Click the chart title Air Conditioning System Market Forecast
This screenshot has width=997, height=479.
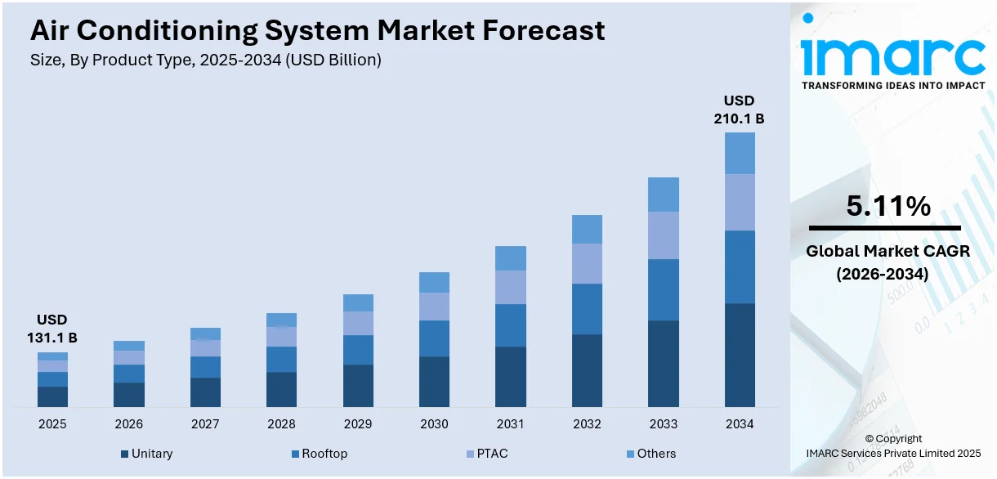[318, 30]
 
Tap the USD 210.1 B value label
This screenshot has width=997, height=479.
[739, 110]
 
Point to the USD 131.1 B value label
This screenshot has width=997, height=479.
[52, 329]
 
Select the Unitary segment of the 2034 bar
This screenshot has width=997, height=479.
[739, 355]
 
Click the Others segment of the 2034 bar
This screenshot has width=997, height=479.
[739, 153]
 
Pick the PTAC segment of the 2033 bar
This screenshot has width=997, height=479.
[663, 235]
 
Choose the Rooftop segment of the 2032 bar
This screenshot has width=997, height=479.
[587, 309]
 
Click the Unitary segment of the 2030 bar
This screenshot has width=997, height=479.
[434, 381]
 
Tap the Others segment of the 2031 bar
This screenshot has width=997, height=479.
[510, 258]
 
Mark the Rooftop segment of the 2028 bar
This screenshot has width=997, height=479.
[281, 359]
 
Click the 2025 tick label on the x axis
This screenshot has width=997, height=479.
[52, 424]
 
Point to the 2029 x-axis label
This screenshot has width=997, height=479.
[358, 424]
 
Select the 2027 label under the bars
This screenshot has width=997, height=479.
[205, 424]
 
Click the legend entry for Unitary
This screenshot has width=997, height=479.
[147, 454]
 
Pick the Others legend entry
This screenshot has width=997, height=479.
[651, 454]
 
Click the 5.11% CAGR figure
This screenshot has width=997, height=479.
[887, 207]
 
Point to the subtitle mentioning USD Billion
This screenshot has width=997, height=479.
[205, 60]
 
